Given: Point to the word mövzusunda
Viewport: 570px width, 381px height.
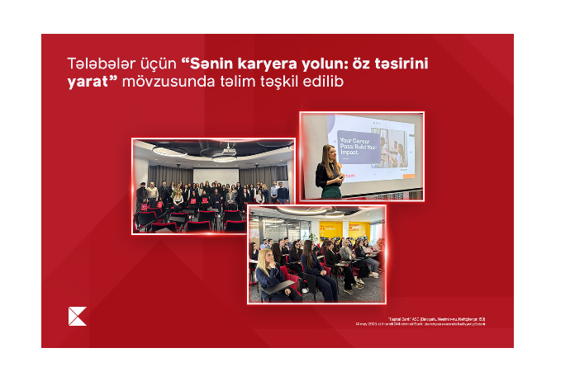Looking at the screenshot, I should click(159, 82).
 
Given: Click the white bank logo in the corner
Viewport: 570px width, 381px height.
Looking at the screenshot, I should click(77, 316).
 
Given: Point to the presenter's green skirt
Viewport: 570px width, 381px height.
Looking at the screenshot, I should click(330, 191).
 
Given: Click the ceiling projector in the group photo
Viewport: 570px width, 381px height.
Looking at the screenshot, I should click(229, 150).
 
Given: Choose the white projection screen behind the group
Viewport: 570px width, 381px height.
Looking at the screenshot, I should click(216, 175).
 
